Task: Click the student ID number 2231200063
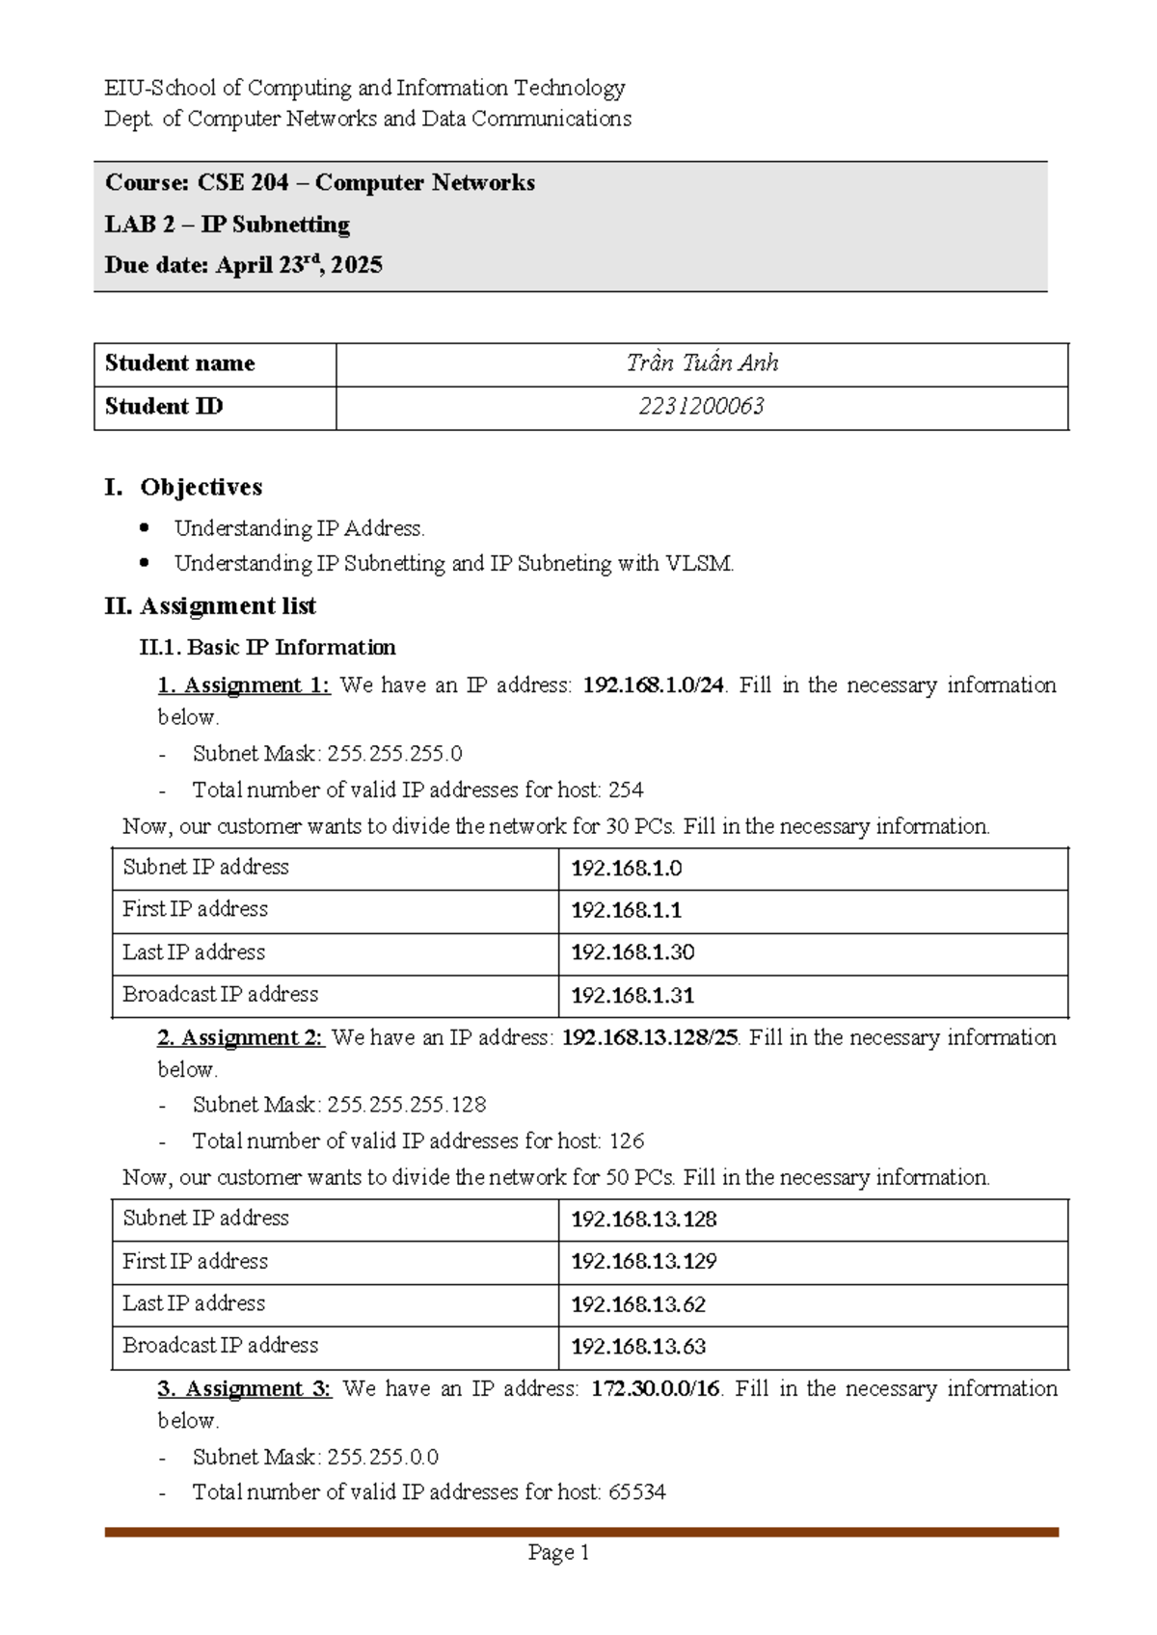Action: [x=701, y=407]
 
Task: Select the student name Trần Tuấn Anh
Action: [x=701, y=363]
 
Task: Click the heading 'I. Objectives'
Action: [x=183, y=487]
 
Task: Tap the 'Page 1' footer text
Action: [x=558, y=1552]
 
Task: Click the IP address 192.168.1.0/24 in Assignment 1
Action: [x=654, y=685]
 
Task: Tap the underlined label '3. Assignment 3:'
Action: [x=244, y=1389]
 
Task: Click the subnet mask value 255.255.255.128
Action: [x=406, y=1105]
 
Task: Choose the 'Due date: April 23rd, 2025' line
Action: [x=243, y=265]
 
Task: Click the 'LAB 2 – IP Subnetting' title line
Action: [x=227, y=225]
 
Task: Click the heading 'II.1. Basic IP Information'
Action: [x=267, y=647]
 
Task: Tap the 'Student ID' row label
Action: [x=164, y=407]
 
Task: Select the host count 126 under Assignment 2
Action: [x=626, y=1141]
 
